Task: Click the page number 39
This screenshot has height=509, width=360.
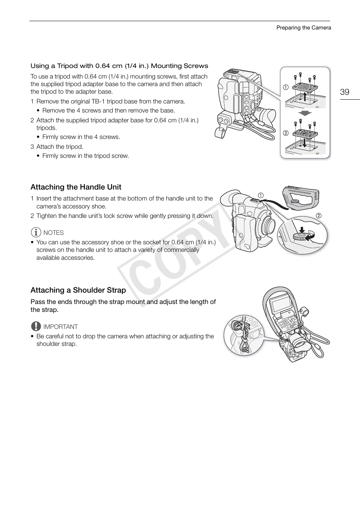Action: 345,92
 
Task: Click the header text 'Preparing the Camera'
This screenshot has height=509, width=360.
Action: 303,28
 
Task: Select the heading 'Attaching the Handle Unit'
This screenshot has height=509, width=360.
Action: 76,187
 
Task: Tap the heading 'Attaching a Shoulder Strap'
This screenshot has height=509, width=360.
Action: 78,290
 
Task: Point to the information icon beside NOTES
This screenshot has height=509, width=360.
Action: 36,233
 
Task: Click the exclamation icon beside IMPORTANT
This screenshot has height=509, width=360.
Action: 36,326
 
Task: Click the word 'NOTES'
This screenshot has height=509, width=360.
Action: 54,233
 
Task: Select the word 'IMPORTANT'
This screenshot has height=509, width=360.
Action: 60,327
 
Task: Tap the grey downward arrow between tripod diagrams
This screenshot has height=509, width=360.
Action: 305,113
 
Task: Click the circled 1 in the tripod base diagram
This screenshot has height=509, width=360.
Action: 286,87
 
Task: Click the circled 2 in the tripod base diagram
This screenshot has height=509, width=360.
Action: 286,133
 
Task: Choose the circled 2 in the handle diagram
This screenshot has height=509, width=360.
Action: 318,216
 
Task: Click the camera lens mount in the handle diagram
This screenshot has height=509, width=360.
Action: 268,226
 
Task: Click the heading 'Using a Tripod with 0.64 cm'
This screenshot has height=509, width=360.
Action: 119,66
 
